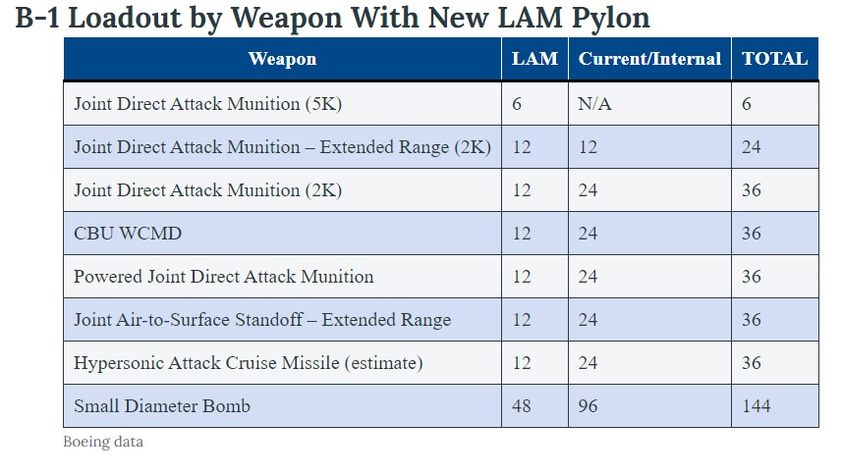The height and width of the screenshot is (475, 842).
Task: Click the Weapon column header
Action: click(282, 59)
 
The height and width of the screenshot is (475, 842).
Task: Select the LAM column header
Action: click(534, 59)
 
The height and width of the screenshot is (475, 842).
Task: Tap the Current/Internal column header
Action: click(649, 59)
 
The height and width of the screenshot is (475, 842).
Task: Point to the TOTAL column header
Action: click(774, 59)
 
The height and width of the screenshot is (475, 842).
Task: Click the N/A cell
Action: click(594, 104)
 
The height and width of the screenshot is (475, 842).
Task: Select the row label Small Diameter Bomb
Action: click(162, 406)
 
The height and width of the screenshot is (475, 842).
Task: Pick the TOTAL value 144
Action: click(757, 406)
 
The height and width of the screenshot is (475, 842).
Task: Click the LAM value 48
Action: click(522, 406)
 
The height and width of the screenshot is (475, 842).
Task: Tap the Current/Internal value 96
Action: click(588, 406)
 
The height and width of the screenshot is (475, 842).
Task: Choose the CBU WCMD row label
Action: click(128, 234)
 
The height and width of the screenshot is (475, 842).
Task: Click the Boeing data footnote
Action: click(103, 442)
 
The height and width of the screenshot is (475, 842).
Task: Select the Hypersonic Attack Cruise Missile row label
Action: click(248, 363)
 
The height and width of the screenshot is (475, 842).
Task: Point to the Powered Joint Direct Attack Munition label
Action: click(223, 277)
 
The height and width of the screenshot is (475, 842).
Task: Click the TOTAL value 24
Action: click(752, 147)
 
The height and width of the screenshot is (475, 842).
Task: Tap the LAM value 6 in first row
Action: click(517, 104)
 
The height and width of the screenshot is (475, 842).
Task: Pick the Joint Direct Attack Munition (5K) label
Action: click(207, 104)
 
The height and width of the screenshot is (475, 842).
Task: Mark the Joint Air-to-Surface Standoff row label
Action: click(262, 320)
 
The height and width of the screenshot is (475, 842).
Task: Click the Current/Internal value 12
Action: click(588, 147)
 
